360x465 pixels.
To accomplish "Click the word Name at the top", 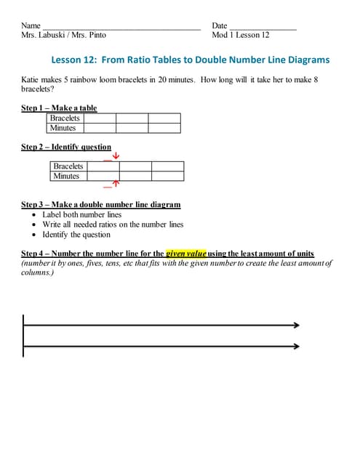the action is (31, 25).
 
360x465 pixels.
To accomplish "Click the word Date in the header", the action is (220, 25).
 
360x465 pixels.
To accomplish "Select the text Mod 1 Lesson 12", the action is (241, 35).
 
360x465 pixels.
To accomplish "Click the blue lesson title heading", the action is (191, 60).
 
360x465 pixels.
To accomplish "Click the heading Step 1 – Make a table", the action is (59, 108).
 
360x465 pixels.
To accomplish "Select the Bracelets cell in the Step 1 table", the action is (65, 118).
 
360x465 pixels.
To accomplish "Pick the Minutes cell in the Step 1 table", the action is (63, 128).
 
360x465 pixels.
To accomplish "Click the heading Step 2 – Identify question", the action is (66, 147).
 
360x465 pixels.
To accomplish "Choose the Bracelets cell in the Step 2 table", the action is (68, 166).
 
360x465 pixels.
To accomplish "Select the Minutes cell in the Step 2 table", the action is (66, 176).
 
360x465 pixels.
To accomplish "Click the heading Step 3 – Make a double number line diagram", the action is (101, 205).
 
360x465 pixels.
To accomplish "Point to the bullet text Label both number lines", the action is (81, 215).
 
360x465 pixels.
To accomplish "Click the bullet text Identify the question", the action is (76, 235).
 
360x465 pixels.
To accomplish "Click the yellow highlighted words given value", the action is (186, 254).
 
